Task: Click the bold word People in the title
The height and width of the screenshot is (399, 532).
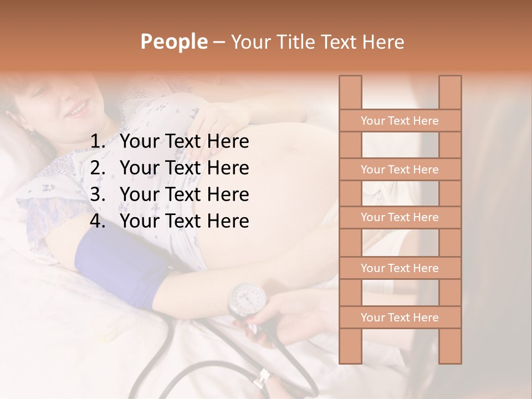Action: click(x=173, y=42)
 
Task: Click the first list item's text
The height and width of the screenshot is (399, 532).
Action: click(x=184, y=142)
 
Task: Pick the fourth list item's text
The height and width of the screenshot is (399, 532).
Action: click(x=184, y=221)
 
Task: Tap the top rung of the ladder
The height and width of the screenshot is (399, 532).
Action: click(x=400, y=121)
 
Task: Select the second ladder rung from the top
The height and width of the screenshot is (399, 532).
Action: click(x=400, y=170)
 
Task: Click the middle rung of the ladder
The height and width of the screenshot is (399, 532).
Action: click(x=400, y=218)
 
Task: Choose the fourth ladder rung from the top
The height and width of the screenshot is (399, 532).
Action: click(x=400, y=268)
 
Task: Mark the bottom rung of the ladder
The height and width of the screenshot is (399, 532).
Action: click(x=400, y=318)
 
